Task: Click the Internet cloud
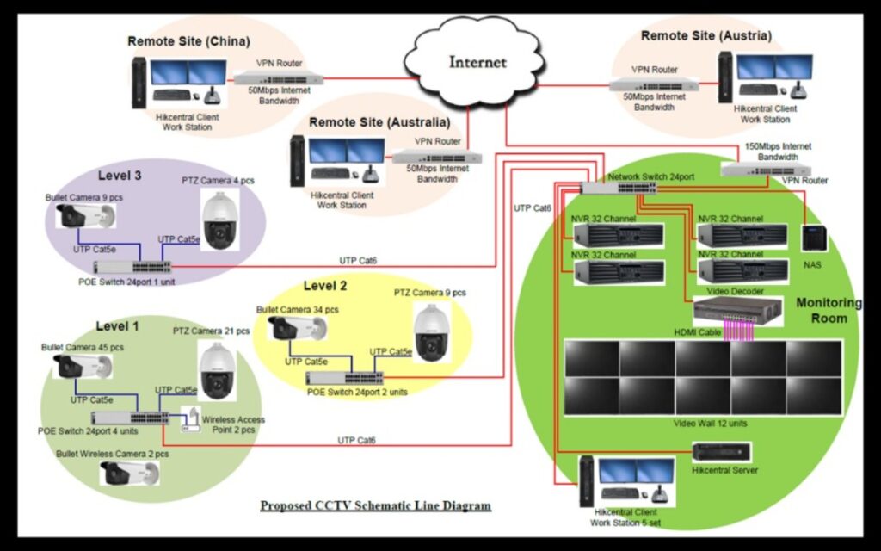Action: coord(476,62)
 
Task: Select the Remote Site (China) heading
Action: coord(188,40)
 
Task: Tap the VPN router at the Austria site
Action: coord(654,84)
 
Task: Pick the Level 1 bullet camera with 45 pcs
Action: coord(83,367)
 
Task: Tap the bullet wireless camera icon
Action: coord(130,472)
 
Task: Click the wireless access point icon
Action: coord(190,419)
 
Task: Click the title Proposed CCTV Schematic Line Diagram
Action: coord(375,505)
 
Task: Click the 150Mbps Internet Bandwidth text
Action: coord(778,152)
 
